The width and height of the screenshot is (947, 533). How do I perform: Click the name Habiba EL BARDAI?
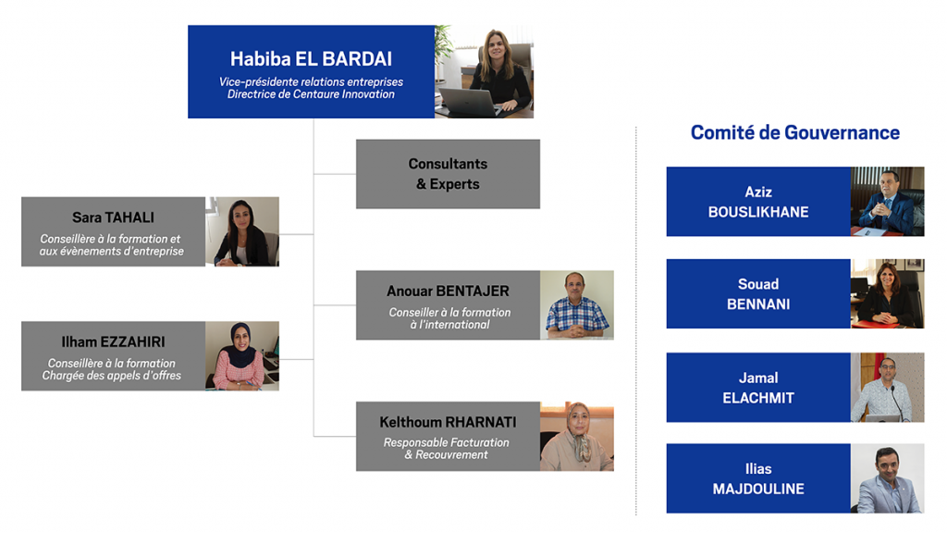pos(311,58)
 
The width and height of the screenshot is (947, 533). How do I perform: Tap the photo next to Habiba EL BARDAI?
pos(484,71)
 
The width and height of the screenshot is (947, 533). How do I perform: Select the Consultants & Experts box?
pos(448,174)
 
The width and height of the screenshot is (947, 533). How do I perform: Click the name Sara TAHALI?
pos(113,217)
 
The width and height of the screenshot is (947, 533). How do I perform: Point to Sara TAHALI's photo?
pos(242,231)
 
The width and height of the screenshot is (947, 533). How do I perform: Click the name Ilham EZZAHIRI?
pos(113,342)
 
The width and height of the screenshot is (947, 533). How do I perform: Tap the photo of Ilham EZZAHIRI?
pos(242,356)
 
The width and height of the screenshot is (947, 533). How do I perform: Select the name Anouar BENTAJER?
pos(448,291)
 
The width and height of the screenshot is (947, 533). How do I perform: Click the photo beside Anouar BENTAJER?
pos(577,305)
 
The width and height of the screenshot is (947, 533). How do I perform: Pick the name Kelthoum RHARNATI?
pos(448,422)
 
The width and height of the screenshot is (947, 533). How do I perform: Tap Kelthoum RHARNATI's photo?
pos(577,437)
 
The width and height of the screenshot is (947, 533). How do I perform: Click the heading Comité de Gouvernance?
pos(794,132)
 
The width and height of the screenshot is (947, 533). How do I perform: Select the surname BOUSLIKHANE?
pos(758,212)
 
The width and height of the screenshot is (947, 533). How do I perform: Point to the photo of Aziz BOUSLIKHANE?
pos(887,201)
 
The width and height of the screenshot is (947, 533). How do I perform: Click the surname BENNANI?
pos(758,304)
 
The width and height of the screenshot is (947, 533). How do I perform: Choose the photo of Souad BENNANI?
pos(887,293)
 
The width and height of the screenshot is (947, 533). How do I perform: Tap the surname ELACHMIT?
pos(758,398)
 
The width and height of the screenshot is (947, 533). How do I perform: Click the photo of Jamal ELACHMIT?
pos(887,388)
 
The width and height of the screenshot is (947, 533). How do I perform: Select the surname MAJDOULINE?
pos(758,489)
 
